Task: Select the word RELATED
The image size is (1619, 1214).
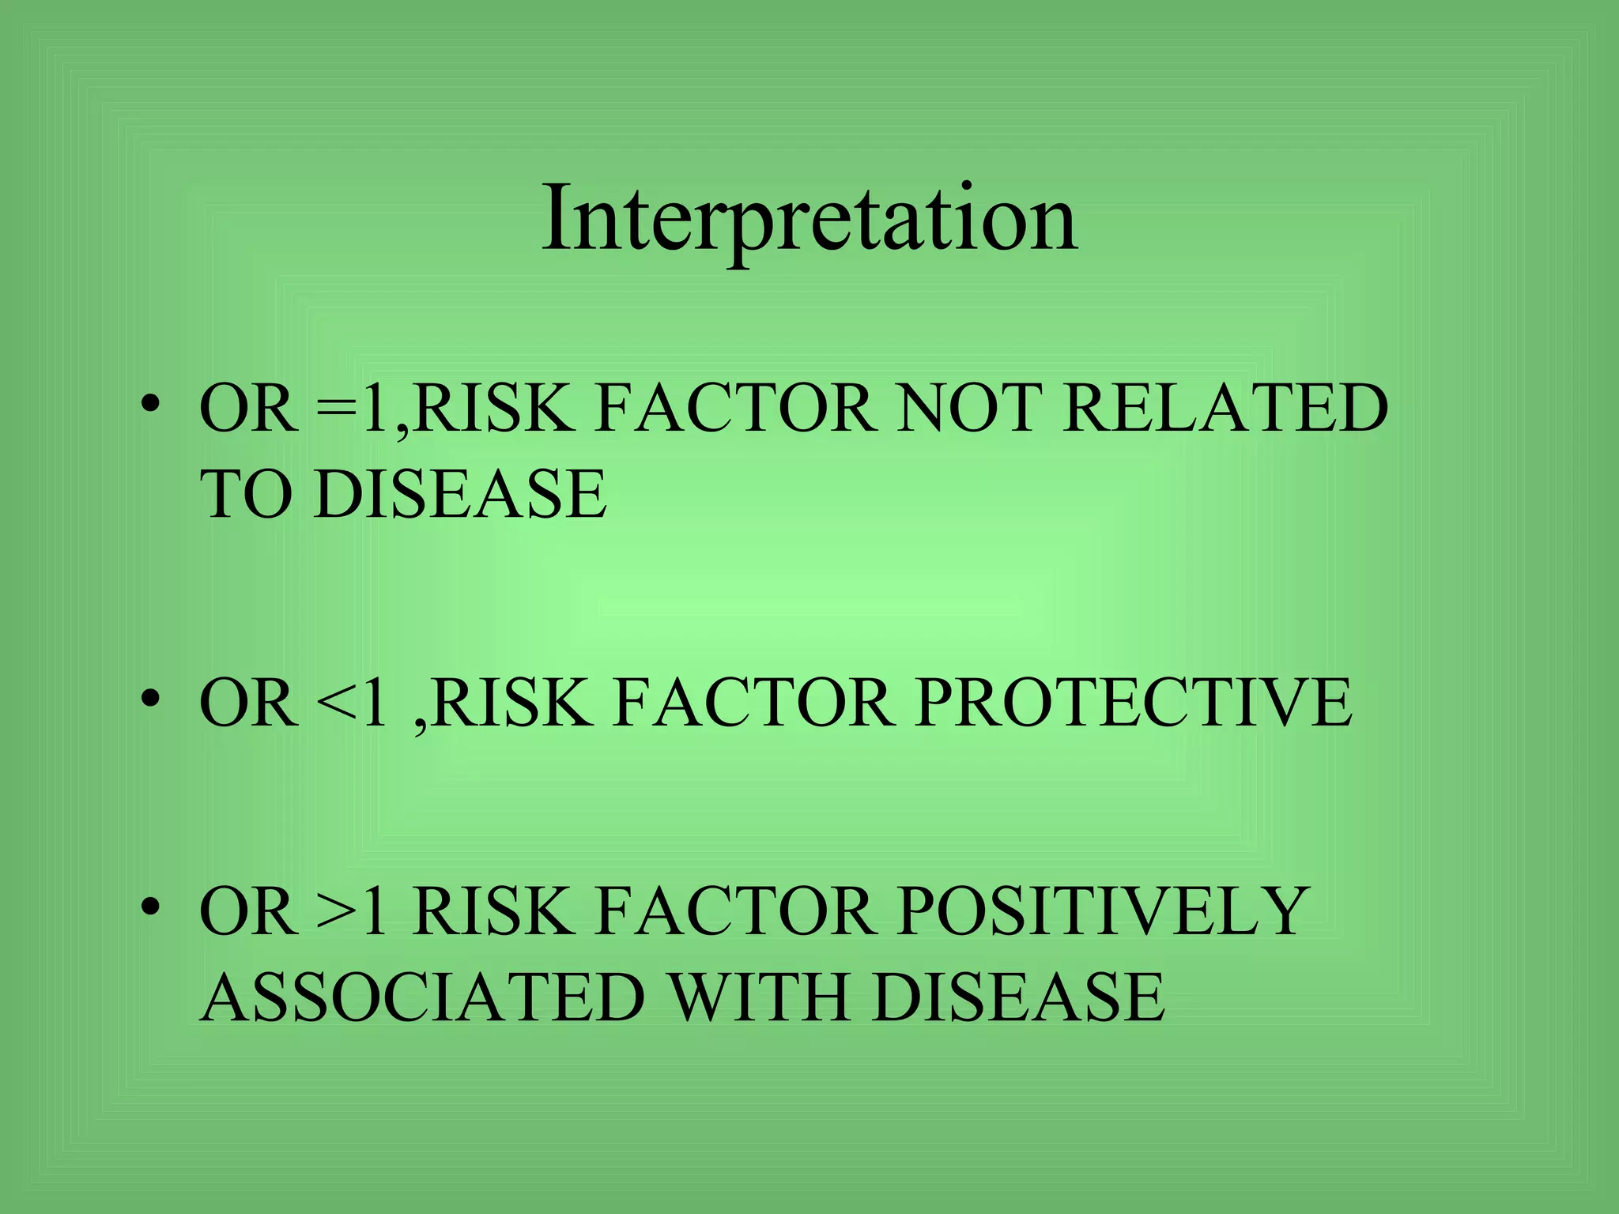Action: pos(1225,408)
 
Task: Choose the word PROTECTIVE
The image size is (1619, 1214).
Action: pos(1134,702)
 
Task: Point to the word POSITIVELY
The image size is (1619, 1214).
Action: pos(1103,910)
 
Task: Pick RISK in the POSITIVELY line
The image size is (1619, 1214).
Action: pos(492,910)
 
